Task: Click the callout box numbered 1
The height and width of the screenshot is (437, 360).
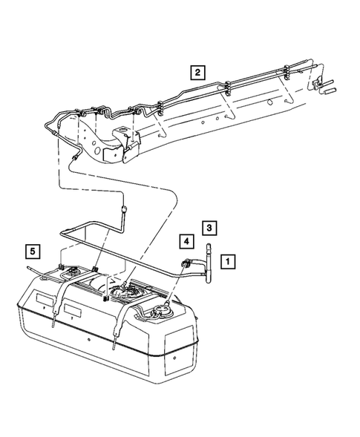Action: coord(228,261)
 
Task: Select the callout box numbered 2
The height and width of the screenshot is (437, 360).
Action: coord(197,72)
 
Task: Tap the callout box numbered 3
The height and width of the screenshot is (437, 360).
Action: coord(210,227)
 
